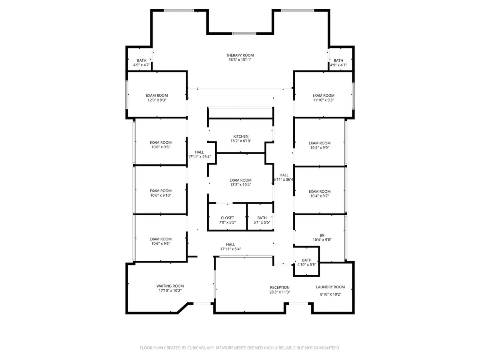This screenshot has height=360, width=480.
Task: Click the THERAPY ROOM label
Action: click(x=240, y=55)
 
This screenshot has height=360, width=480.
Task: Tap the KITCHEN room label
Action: click(x=240, y=136)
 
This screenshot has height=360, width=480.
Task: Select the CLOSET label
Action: click(x=227, y=218)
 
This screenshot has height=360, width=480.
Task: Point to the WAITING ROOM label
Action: click(x=170, y=286)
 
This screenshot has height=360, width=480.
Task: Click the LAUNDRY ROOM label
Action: click(x=330, y=287)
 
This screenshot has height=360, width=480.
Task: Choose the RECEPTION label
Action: click(x=280, y=288)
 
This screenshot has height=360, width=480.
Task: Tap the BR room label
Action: click(x=322, y=235)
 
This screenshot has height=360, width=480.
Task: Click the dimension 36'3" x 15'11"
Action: click(x=240, y=60)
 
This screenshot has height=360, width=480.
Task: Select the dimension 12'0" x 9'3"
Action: click(x=157, y=100)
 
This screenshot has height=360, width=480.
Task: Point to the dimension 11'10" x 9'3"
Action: click(x=323, y=100)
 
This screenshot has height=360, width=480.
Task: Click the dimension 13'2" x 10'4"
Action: click(x=240, y=185)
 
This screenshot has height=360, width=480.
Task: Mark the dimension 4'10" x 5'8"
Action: click(x=306, y=265)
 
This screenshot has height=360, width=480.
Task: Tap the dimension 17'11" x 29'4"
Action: click(x=200, y=157)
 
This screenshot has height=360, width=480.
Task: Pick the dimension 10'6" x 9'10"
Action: click(x=160, y=196)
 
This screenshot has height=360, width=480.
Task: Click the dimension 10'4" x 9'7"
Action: click(x=320, y=196)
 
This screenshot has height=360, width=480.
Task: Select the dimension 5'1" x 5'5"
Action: click(x=262, y=222)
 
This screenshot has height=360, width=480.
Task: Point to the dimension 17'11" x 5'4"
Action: click(x=230, y=249)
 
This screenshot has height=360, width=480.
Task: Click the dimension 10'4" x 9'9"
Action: click(x=320, y=148)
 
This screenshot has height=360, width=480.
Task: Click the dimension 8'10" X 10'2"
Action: click(x=330, y=294)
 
